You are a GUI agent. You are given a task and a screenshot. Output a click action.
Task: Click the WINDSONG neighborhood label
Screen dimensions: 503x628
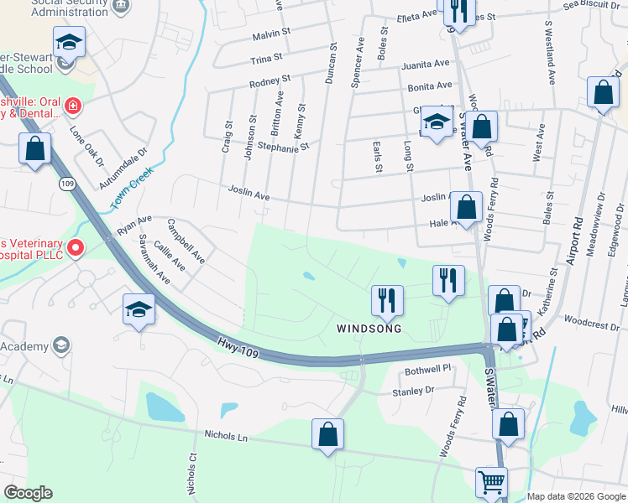pyautogui.click(x=369, y=329)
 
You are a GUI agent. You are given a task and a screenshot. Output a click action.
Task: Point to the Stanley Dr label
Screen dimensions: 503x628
pyautogui.click(x=413, y=391)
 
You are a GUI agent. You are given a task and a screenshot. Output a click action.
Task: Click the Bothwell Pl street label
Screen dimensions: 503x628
pyautogui.click(x=428, y=368)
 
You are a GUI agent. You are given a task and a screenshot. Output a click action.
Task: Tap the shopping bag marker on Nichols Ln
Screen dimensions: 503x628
pyautogui.click(x=327, y=434)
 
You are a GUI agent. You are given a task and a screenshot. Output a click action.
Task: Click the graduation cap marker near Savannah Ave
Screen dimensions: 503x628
pyautogui.click(x=139, y=309)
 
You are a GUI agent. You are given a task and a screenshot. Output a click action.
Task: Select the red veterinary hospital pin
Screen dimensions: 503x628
pyautogui.click(x=76, y=247)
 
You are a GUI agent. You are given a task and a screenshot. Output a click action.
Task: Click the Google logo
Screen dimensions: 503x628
pyautogui.click(x=28, y=493)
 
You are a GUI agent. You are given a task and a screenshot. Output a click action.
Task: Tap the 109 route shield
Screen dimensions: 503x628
pyautogui.click(x=66, y=183)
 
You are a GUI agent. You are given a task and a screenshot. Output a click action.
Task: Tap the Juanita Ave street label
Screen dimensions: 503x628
pyautogui.click(x=426, y=64)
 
